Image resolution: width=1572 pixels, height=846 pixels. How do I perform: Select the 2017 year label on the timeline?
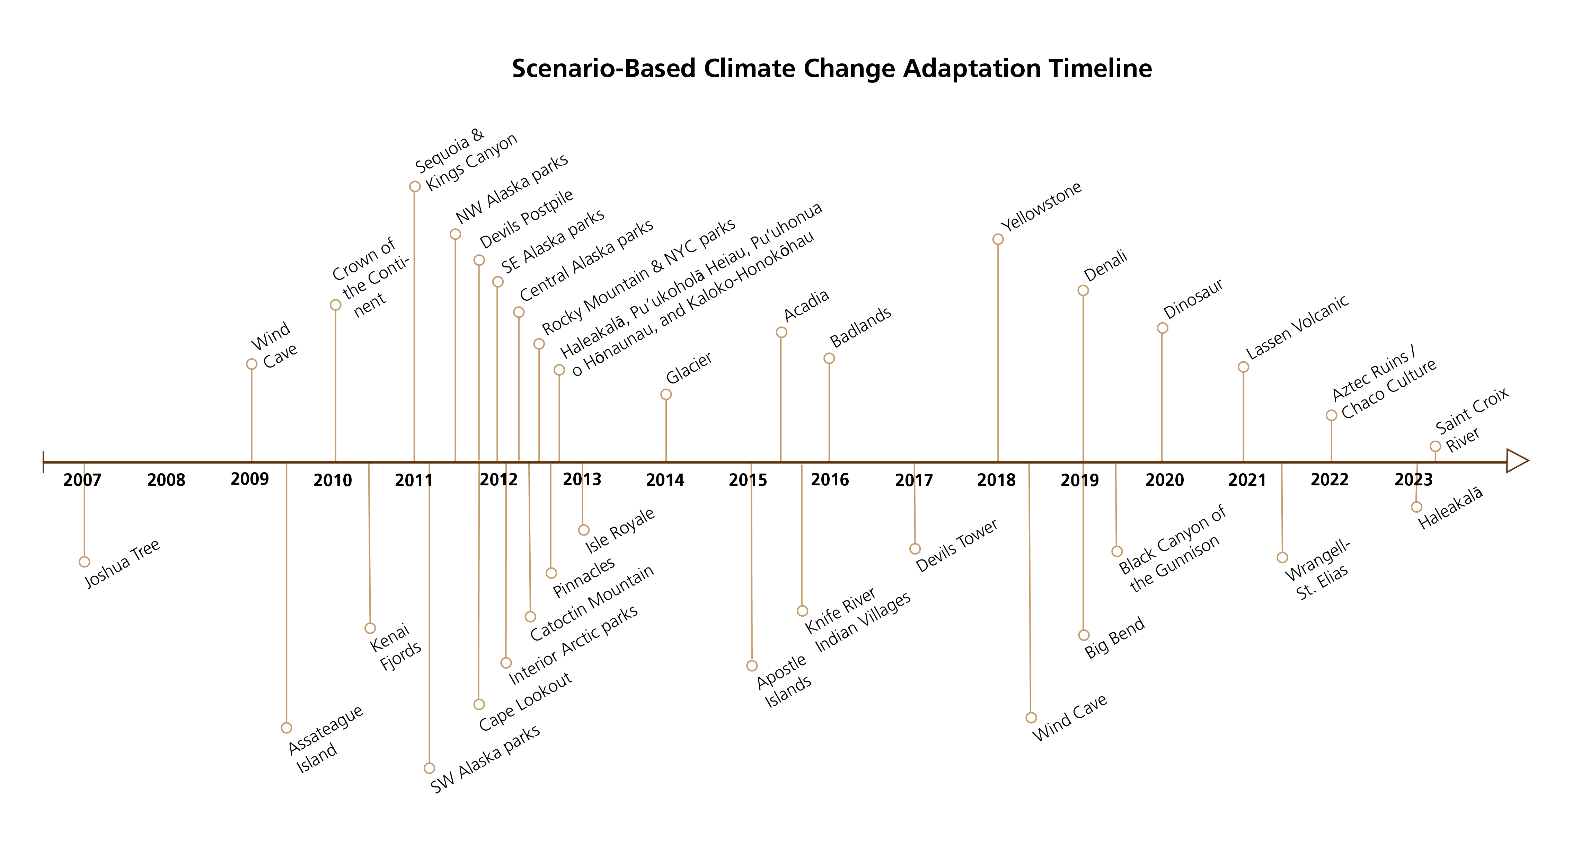[x=913, y=481]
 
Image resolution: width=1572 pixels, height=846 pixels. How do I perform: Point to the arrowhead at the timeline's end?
[x=1517, y=461]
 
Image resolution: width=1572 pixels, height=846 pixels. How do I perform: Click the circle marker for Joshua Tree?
[x=84, y=562]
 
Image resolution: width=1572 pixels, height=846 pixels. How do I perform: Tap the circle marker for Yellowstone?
[x=998, y=239]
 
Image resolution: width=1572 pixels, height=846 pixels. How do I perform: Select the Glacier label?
[x=689, y=368]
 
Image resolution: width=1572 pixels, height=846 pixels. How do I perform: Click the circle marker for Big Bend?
[x=1084, y=635]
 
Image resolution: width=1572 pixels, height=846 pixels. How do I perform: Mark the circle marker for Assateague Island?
[x=286, y=728]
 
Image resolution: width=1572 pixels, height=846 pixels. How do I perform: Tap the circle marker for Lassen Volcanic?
[x=1243, y=367]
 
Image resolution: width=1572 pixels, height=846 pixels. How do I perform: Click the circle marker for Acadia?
[x=781, y=332]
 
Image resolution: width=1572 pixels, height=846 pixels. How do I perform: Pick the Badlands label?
[x=860, y=327]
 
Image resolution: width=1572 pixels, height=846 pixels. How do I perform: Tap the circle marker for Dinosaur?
[x=1163, y=328]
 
